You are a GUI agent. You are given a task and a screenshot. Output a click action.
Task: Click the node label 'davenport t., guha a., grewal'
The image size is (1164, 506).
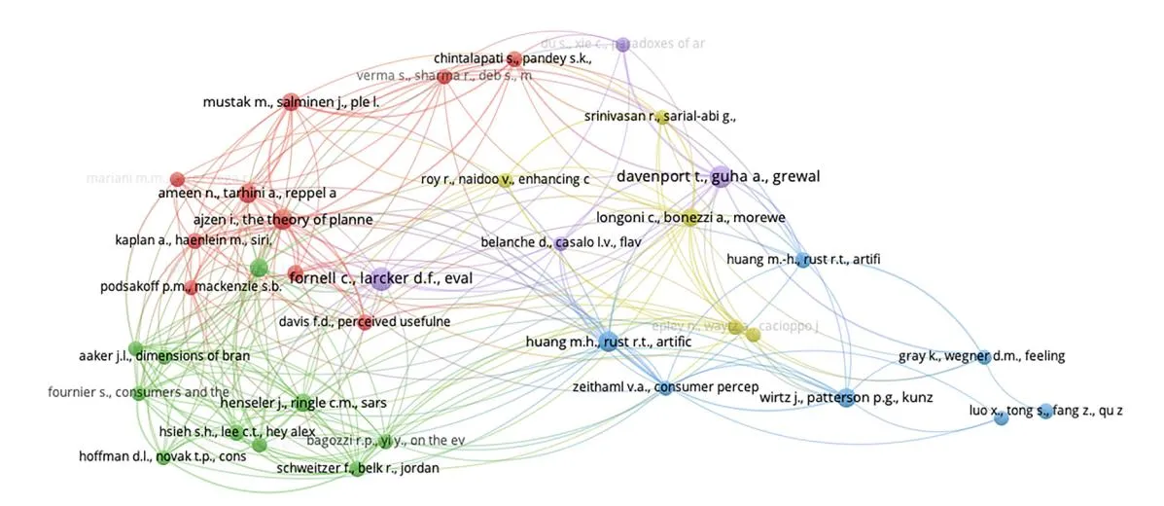(719, 176)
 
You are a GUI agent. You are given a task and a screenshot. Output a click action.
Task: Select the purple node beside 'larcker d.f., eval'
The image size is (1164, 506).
(380, 279)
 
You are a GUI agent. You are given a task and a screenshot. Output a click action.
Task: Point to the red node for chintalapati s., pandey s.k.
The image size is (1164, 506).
(514, 59)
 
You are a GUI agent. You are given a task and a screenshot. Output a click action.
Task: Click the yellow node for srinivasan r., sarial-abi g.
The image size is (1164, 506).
(663, 118)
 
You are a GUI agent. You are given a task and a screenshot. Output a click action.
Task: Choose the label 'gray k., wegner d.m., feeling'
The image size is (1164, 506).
(981, 356)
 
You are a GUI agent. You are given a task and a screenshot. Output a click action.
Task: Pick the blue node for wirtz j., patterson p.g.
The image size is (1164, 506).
(846, 396)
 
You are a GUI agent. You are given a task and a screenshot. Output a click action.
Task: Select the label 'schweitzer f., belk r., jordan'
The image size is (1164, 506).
(357, 468)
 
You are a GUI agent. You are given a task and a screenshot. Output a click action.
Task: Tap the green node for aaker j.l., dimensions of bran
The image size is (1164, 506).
(135, 349)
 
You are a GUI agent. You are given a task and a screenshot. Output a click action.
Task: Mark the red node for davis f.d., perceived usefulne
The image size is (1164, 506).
(365, 322)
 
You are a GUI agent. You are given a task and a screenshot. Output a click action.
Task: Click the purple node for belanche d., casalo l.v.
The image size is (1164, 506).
(561, 242)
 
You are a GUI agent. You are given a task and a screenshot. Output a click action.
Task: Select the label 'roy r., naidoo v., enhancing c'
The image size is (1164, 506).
(506, 179)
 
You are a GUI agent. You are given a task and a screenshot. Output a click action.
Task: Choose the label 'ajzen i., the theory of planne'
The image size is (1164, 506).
(281, 220)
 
